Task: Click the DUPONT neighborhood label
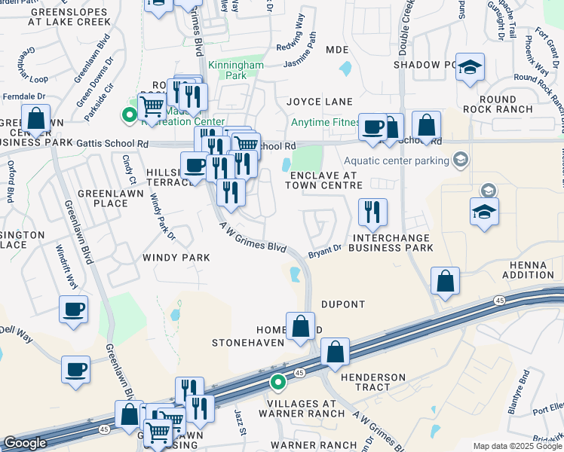click(344, 304)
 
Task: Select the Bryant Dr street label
click(324, 253)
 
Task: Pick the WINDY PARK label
click(176, 258)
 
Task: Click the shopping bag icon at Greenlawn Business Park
click(35, 119)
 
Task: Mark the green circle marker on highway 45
click(278, 382)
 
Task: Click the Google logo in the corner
click(25, 443)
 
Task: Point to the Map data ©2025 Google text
click(516, 446)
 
